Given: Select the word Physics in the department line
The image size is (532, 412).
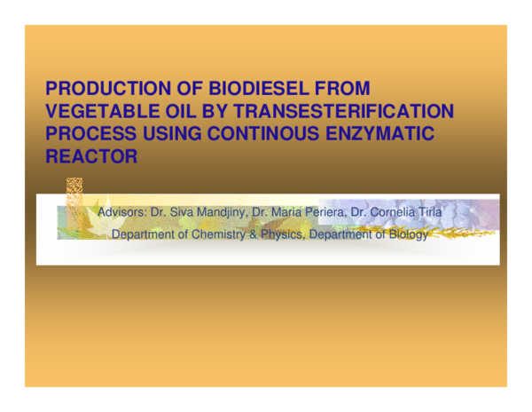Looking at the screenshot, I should click(284, 235).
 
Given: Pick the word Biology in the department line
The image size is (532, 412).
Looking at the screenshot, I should click(406, 235).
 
